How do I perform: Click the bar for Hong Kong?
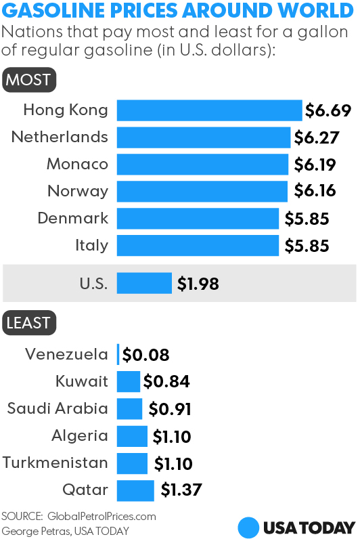[209, 110]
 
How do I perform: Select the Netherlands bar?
[204, 137]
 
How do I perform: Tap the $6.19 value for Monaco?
[315, 164]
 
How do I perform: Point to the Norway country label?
[78, 192]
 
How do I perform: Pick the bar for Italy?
[198, 246]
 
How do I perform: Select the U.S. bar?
[144, 284]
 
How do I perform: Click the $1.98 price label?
[198, 284]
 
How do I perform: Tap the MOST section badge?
[28, 80]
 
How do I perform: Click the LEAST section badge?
[29, 323]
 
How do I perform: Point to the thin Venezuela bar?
[118, 354]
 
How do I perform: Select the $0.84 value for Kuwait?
[166, 382]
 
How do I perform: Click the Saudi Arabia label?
[58, 408]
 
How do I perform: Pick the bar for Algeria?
[132, 436]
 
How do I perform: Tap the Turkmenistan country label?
[55, 463]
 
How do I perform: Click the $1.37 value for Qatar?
[181, 490]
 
